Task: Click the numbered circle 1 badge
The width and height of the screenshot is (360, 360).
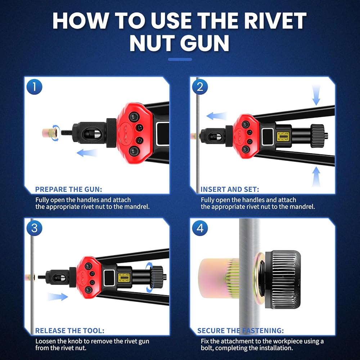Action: pos(35,87)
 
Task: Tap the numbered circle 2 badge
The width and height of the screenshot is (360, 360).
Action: pos(200,87)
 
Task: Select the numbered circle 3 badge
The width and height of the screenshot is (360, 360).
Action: pos(35,228)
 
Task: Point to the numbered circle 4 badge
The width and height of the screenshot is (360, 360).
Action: pos(200,228)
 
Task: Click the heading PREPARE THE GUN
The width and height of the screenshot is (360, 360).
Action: pos(69,189)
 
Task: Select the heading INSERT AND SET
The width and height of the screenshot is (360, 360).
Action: pos(230,189)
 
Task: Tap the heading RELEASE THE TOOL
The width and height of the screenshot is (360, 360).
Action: pos(69,330)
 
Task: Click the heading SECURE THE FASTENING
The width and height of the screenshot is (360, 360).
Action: pos(240,330)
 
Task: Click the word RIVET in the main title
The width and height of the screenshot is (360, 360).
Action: pos(275,21)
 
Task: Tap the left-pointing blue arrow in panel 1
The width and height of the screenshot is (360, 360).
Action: pos(87,153)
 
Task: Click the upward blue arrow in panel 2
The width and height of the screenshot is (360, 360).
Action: pos(316,176)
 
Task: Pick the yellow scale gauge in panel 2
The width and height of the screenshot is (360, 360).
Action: pos(283,136)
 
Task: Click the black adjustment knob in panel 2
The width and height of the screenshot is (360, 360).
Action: pos(318,136)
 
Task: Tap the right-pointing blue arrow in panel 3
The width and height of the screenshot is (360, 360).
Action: pos(58,297)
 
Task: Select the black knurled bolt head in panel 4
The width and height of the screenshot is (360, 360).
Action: pos(283,279)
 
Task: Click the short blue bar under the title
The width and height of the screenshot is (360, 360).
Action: pos(180,59)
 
